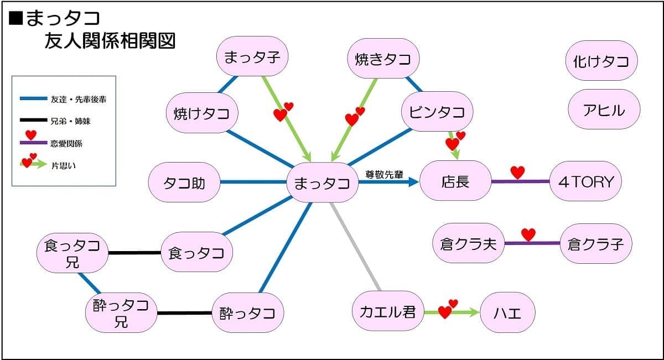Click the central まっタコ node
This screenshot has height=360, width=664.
[323, 182]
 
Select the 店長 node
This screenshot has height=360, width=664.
[455, 181]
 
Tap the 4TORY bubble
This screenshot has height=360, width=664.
[585, 181]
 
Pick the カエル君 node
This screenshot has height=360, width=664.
[388, 311]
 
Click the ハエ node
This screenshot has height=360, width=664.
[507, 312]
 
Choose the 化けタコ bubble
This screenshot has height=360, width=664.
[601, 60]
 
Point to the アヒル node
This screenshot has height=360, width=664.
[604, 109]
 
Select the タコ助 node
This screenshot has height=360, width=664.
[184, 182]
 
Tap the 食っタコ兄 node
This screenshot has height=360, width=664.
[72, 253]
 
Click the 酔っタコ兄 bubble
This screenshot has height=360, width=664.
[121, 313]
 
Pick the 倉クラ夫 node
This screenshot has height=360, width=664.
[469, 243]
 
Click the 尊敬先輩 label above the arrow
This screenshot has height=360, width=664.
[384, 175]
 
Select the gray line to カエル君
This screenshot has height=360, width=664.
[355, 247]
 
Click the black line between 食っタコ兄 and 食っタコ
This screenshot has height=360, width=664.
[135, 253]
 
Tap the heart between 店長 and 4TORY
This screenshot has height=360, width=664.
[517, 173]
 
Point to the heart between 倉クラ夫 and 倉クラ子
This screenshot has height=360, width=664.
[528, 234]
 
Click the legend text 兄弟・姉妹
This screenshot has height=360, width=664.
[71, 121]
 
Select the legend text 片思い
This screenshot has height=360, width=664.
[64, 166]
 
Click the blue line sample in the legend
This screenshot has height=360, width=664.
[34, 98]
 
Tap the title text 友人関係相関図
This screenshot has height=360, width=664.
[110, 40]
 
